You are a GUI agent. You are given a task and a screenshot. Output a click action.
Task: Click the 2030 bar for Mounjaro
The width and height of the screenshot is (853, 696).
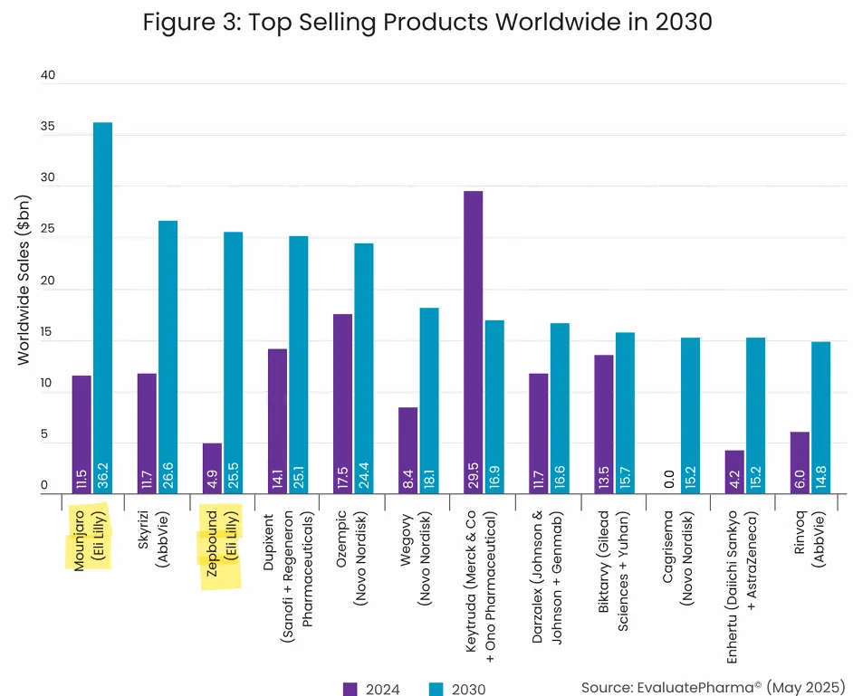103,308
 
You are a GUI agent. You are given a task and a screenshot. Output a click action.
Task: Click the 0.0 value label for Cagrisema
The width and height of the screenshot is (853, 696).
668,477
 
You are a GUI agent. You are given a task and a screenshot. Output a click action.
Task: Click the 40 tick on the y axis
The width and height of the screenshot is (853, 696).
48,76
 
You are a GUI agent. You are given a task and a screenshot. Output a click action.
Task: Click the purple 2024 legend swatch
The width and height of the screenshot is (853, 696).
350,689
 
